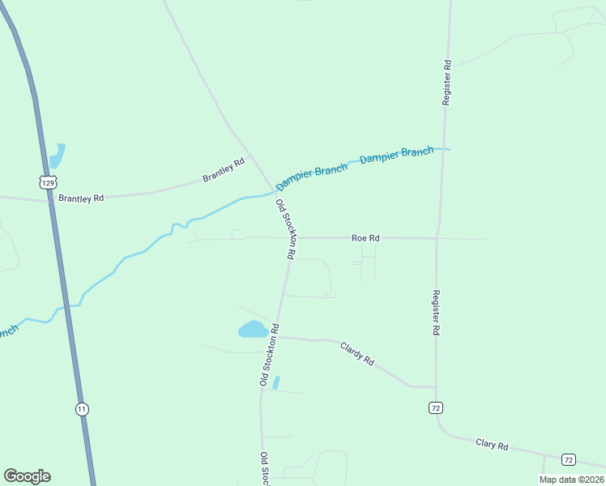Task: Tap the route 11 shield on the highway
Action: tap(82, 409)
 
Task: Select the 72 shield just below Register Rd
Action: tap(436, 407)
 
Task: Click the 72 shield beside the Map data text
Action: tap(568, 459)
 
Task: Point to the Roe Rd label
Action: tap(365, 238)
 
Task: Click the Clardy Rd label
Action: tap(357, 354)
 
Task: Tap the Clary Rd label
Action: tap(492, 446)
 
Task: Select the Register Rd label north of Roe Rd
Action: tap(446, 82)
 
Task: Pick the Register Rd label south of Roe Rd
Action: tap(436, 313)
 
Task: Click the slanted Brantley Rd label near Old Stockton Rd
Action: tap(224, 170)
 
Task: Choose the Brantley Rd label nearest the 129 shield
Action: tap(81, 198)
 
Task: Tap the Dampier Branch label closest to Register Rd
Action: tap(396, 155)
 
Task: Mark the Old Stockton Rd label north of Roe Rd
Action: tap(285, 228)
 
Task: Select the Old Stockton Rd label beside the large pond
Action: tap(269, 355)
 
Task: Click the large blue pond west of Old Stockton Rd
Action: tap(253, 329)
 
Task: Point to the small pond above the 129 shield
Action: tap(57, 155)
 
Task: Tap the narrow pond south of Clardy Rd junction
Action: tap(276, 382)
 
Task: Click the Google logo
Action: tap(27, 476)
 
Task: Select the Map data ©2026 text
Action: tap(570, 480)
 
